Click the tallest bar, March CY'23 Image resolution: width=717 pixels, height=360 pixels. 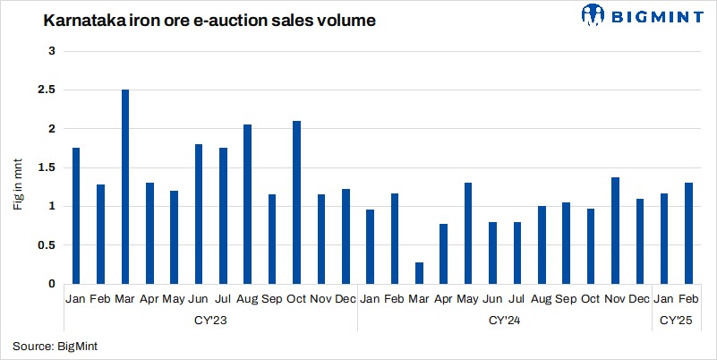(125, 187)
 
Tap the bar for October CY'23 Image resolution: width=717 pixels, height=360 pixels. (296, 202)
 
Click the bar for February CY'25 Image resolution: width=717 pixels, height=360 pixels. (687, 233)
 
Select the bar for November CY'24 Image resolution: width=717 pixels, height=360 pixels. (614, 230)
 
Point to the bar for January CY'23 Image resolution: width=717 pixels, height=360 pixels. (76, 216)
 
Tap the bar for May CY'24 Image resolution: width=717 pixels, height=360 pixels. (467, 233)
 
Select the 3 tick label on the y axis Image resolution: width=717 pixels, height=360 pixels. (52, 52)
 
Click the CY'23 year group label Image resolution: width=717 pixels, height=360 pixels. (210, 319)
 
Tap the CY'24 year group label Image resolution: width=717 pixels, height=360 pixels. (504, 319)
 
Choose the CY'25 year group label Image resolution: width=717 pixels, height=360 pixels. (675, 319)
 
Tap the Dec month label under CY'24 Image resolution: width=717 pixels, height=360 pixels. (638, 299)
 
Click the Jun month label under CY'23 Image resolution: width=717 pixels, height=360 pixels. (199, 299)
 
